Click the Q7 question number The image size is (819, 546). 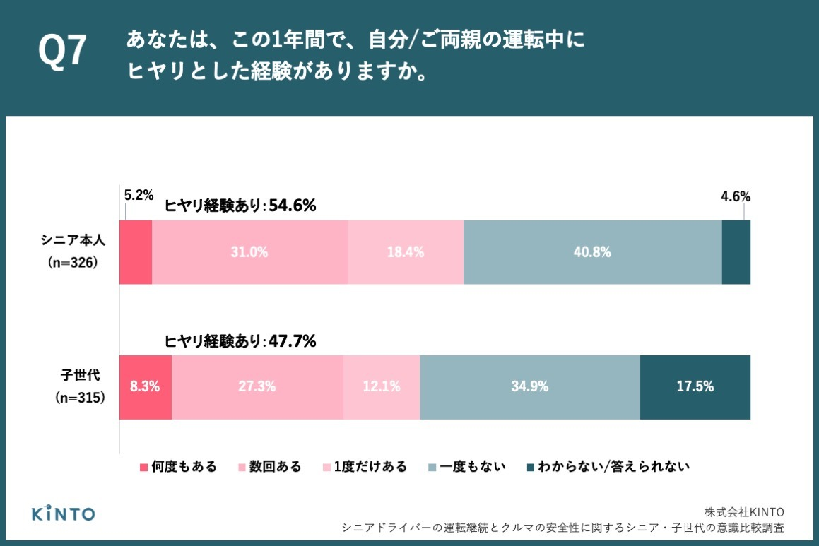[x=62, y=51]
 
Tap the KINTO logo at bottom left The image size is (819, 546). [x=63, y=513]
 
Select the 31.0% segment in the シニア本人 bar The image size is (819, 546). [x=249, y=252]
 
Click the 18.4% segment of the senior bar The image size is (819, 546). [x=406, y=252]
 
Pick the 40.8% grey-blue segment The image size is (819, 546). [x=592, y=252]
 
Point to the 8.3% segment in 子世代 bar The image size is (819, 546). [x=145, y=387]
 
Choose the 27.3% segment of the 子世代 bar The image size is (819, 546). [x=257, y=387]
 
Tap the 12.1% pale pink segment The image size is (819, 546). [x=382, y=387]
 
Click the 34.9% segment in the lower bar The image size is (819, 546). [x=530, y=387]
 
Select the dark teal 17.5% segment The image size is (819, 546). [x=695, y=387]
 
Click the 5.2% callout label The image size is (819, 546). [x=139, y=195]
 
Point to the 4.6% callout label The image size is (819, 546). [x=736, y=196]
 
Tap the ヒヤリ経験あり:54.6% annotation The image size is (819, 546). [x=240, y=206]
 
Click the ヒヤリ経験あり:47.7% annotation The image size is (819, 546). [x=240, y=341]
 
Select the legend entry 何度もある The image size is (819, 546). [x=178, y=467]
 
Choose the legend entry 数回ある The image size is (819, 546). [x=269, y=467]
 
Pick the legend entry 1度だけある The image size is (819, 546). [x=365, y=467]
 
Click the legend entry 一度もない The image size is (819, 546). [x=467, y=467]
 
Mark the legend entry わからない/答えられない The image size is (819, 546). [x=608, y=467]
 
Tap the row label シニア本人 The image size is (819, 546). [x=73, y=240]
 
